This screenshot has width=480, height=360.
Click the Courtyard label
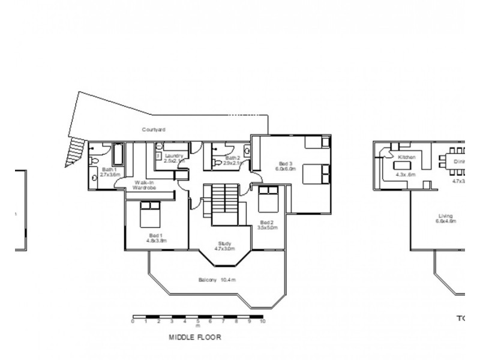(x=154, y=129)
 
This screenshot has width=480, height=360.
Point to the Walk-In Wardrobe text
(x=145, y=185)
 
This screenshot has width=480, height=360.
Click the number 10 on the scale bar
(x=262, y=322)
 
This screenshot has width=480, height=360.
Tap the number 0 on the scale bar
(x=133, y=322)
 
